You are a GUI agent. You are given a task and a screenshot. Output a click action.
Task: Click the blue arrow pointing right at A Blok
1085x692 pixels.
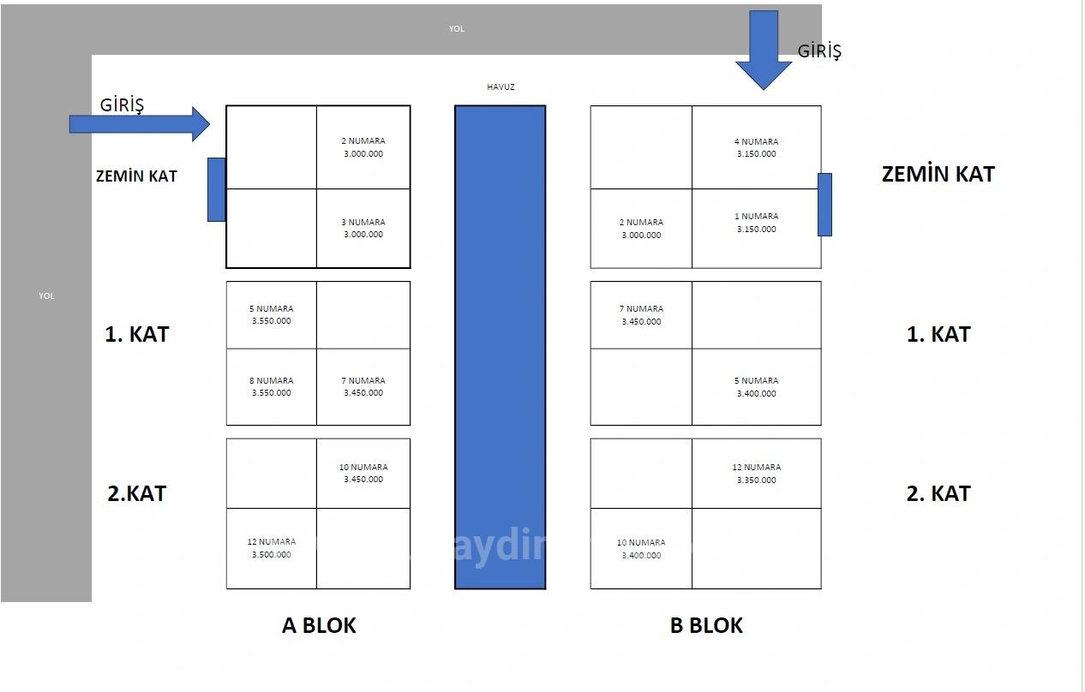coord(140,124)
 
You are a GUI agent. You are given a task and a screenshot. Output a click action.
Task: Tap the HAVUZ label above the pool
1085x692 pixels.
coord(501,87)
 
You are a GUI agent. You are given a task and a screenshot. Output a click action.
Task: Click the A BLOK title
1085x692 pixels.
coord(319,626)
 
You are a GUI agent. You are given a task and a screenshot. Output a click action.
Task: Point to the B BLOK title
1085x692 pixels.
coord(706,626)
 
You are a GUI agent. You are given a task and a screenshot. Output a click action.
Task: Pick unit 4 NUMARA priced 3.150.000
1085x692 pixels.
coord(756,147)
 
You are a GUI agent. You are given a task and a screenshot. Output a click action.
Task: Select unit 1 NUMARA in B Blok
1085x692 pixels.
coord(756,223)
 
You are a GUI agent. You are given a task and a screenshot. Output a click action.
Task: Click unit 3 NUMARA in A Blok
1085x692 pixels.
coord(363,228)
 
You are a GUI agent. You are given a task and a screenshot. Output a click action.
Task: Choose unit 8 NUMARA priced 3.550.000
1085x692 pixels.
coord(272,386)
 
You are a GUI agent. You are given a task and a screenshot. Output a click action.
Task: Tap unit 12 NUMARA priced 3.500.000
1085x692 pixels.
coord(272,548)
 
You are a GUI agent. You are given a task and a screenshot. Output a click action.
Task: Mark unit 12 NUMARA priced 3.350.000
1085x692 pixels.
coord(756,474)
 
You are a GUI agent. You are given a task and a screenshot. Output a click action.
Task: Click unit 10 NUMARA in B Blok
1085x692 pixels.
coord(641,549)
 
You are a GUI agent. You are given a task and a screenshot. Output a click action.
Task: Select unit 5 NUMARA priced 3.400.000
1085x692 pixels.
coord(756,387)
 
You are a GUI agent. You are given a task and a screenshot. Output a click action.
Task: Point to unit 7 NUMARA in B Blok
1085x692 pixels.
coord(641,315)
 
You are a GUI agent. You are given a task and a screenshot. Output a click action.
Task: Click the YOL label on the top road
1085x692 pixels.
coord(457,29)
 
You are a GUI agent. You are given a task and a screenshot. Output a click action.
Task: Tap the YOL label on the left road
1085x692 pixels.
coord(46,296)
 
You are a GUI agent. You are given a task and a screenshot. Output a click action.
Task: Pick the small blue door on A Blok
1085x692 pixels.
coord(217,189)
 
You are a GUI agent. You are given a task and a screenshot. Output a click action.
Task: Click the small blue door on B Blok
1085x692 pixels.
coord(824,205)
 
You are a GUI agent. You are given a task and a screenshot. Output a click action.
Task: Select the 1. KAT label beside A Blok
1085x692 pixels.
coord(137,334)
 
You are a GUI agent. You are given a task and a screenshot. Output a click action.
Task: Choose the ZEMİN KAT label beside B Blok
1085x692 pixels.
coord(938,175)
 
